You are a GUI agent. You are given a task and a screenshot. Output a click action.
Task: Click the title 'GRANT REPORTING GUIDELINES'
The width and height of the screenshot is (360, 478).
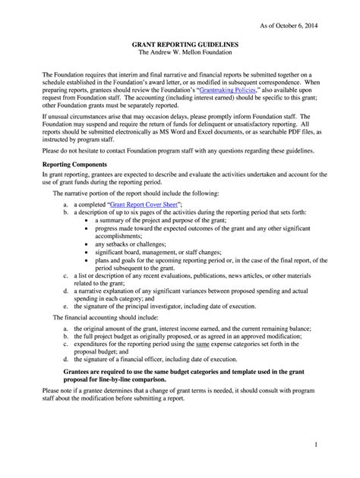click(x=179, y=46)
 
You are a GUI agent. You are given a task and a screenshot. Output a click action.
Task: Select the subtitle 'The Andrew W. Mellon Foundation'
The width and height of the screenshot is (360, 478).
click(x=179, y=55)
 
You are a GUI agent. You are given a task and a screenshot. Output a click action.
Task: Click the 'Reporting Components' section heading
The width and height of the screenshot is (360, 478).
click(x=73, y=163)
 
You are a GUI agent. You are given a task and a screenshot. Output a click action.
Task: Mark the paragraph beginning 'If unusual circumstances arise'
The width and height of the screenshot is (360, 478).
click(x=179, y=126)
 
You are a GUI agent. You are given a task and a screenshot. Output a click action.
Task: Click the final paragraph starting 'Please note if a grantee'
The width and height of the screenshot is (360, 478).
click(x=179, y=396)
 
